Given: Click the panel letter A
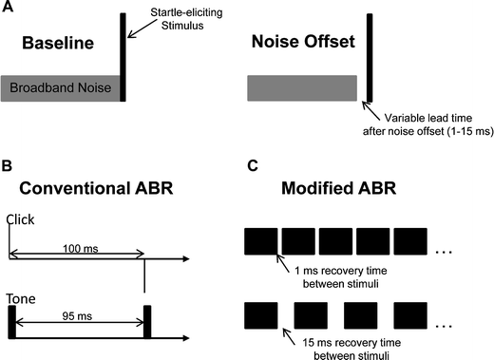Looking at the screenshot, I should tap(7, 8).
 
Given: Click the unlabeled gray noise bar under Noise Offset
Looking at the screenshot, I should tap(301, 88).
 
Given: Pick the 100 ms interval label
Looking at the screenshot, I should tap(75, 246).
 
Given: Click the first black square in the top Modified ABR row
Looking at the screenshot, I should tap(260, 244).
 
